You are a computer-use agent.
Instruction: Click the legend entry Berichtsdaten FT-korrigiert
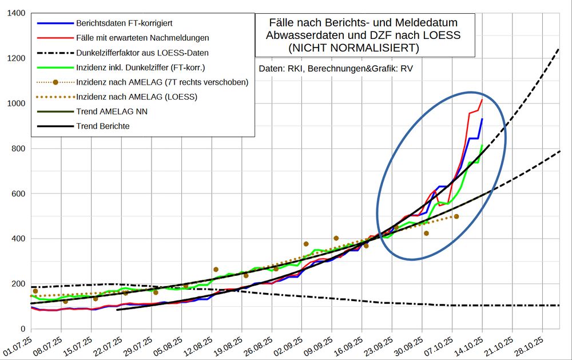point(124,23)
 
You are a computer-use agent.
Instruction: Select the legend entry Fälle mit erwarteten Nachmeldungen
point(142,38)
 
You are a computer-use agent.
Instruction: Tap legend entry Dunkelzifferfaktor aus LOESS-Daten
point(142,53)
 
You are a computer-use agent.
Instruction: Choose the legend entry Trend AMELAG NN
point(112,111)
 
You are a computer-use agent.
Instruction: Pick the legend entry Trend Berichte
point(102,126)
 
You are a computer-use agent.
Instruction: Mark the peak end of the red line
point(482,100)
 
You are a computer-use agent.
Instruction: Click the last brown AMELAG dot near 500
point(456,216)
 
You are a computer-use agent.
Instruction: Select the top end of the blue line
point(482,119)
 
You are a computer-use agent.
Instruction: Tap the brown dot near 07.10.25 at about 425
point(426,233)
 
